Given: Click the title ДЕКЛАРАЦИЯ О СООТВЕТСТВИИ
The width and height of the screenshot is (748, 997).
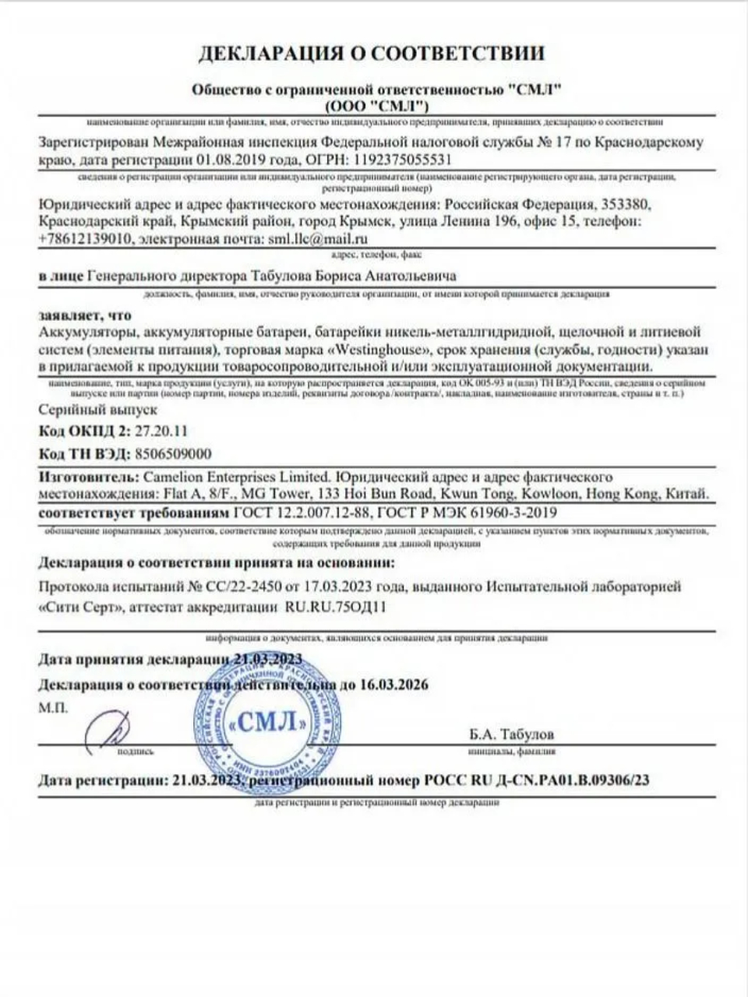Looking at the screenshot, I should click(372, 53).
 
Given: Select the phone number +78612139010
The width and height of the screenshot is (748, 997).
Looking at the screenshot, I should click(84, 239).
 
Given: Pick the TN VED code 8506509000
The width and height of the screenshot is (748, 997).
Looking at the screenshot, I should click(172, 454).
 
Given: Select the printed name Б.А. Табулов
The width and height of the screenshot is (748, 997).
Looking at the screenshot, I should click(512, 735).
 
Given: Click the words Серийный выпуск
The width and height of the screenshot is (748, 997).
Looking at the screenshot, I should click(97, 409).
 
